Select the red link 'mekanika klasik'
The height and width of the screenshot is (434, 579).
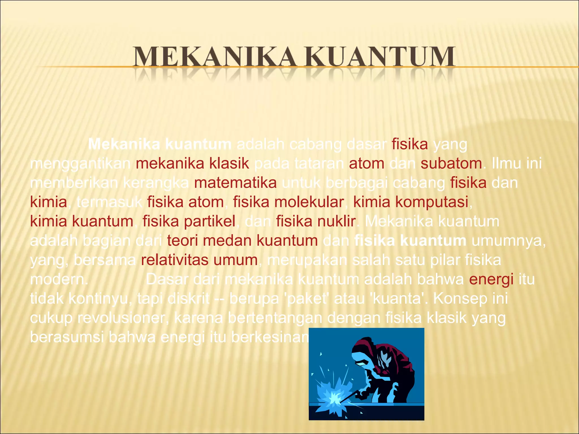tap(192, 164)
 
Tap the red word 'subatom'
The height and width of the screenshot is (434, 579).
tap(451, 164)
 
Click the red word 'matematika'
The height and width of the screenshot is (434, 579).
tap(235, 183)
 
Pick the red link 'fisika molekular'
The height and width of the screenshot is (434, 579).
tap(288, 202)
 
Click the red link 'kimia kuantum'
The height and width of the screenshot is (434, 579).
tap(82, 221)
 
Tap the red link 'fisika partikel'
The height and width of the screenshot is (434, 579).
tap(189, 221)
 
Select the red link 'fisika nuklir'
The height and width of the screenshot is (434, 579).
tap(316, 221)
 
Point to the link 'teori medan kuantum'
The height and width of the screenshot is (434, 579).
tap(242, 241)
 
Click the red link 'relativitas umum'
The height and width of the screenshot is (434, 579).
tap(199, 260)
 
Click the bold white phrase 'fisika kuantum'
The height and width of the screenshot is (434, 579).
tap(410, 241)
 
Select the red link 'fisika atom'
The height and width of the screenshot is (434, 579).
tap(185, 202)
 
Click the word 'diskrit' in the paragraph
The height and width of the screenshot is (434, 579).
tap(189, 299)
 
